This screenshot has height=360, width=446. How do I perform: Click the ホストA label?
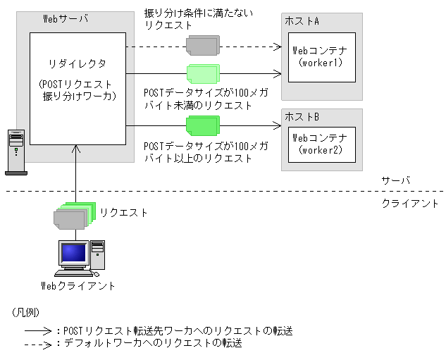302,22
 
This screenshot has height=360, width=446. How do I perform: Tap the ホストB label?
302,116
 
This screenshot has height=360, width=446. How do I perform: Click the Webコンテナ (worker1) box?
321,56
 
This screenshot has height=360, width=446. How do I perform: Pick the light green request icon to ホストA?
204,74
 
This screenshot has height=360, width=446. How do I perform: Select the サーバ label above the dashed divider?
394,180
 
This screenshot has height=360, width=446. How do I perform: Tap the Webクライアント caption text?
78,285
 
